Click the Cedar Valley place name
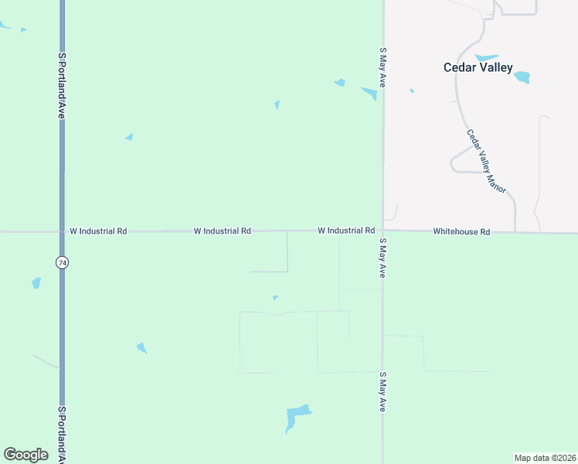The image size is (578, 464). pyautogui.click(x=478, y=67)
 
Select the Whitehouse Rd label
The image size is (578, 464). pyautogui.click(x=461, y=231)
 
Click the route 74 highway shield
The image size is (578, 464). pyautogui.click(x=62, y=263)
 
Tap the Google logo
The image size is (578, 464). pyautogui.click(x=25, y=454)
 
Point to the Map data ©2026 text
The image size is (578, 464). pyautogui.click(x=545, y=457)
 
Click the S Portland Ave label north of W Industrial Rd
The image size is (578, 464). pyautogui.click(x=62, y=85)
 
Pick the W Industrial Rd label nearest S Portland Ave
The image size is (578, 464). pyautogui.click(x=98, y=230)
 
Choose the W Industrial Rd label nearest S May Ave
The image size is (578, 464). pyautogui.click(x=345, y=230)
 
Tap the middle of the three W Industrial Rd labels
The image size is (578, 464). pyautogui.click(x=222, y=230)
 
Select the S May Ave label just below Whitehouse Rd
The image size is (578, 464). pyautogui.click(x=382, y=258)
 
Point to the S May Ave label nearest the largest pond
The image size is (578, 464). pyautogui.click(x=382, y=392)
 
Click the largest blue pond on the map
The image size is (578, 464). pyautogui.click(x=296, y=417)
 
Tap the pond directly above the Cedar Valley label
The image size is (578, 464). pyautogui.click(x=486, y=57)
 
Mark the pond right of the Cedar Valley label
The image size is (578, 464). pyautogui.click(x=522, y=77)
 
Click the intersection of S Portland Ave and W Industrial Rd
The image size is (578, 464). pyautogui.click(x=62, y=230)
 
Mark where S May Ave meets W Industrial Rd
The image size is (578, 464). pyautogui.click(x=382, y=230)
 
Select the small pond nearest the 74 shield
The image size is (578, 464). pyautogui.click(x=36, y=283)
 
